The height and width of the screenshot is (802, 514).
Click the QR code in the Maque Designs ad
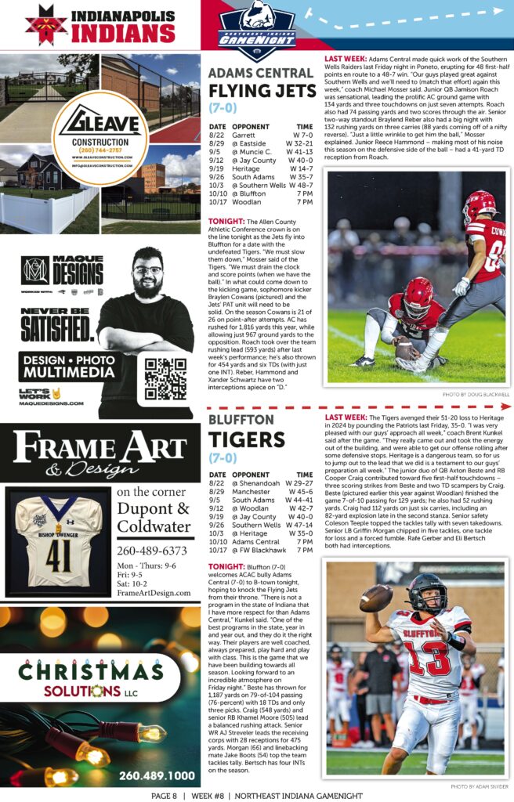coord(165,378)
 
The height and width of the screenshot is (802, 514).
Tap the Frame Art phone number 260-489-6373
coord(151,551)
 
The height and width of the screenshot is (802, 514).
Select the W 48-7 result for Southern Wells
coord(299,185)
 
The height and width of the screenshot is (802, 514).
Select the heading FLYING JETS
coord(262,92)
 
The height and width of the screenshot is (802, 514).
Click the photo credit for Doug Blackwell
coord(476,395)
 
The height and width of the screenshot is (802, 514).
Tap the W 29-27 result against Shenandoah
coord(299,483)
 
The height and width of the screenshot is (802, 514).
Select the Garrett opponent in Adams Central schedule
coord(244,135)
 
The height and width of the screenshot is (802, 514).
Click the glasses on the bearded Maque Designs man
coord(147,271)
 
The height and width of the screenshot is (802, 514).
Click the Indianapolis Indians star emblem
coord(46,23)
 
